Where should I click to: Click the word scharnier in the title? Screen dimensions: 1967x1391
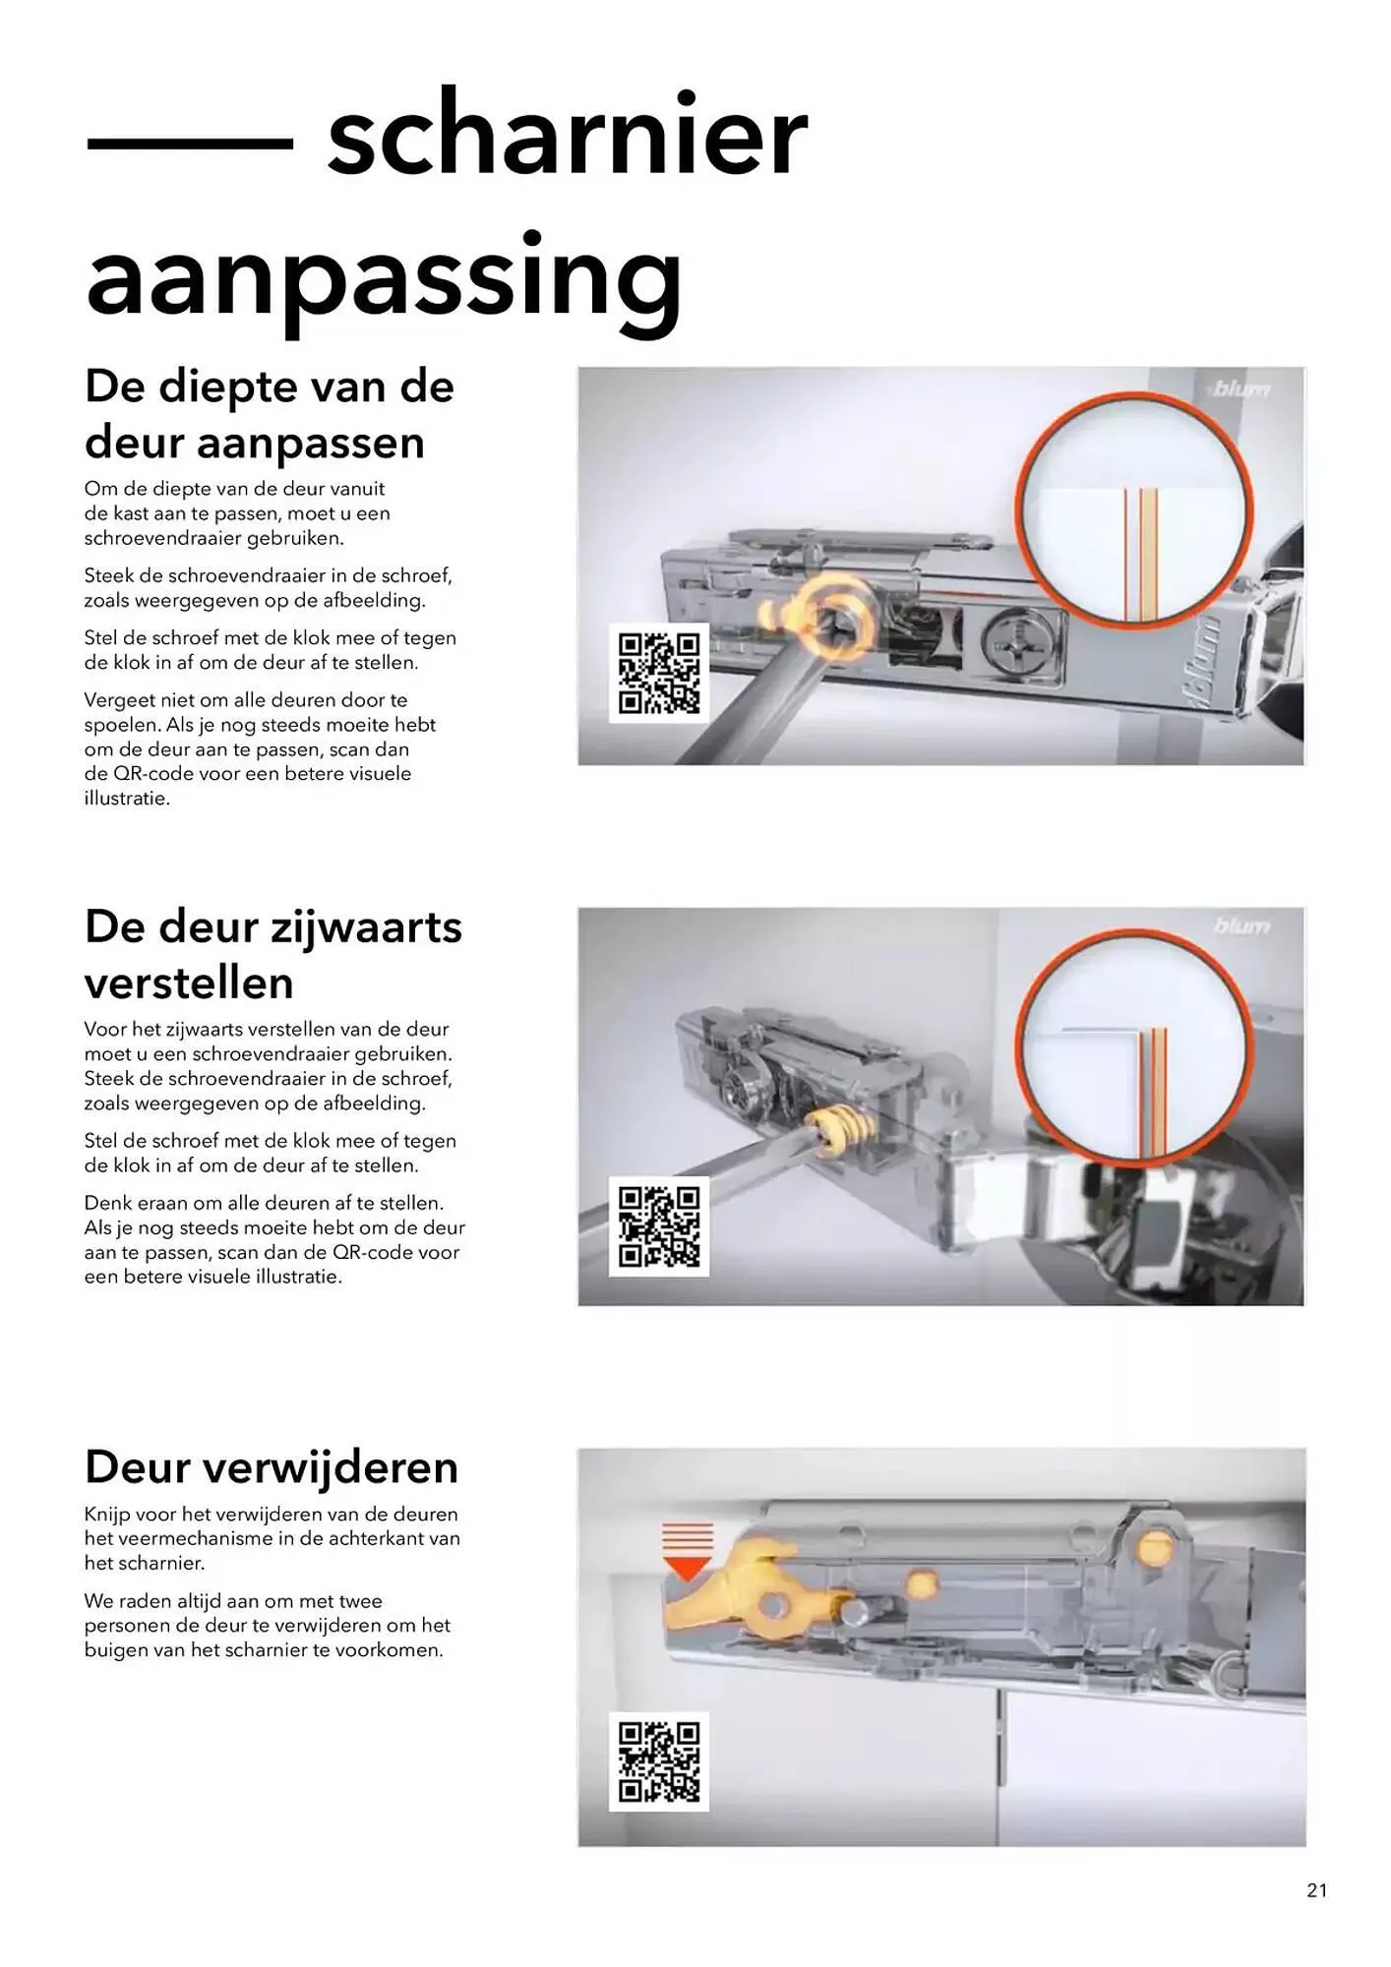(567, 135)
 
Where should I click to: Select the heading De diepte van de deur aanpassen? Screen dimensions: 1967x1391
(269, 414)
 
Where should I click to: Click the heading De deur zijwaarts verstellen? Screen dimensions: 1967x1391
(272, 954)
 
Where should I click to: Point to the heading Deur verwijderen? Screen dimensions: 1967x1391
(272, 1466)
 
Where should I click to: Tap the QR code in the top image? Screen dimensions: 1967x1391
(658, 674)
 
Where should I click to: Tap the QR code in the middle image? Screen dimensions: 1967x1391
(658, 1226)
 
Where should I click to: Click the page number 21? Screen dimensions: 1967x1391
(1316, 1889)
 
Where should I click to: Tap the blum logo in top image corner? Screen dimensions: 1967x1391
(1240, 389)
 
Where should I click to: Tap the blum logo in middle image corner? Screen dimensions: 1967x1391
(1241, 926)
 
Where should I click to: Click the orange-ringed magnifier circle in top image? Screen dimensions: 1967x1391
(1133, 509)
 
